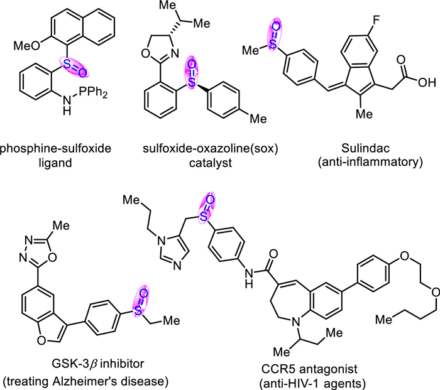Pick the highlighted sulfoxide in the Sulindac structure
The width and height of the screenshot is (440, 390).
pyautogui.click(x=275, y=34)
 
